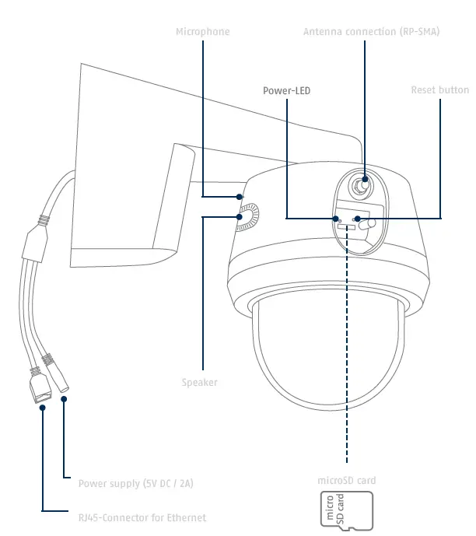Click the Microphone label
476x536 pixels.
click(202, 32)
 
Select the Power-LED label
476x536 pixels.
click(286, 91)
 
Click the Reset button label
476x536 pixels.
click(439, 91)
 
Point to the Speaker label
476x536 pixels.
click(199, 382)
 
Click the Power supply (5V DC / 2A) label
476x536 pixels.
click(135, 483)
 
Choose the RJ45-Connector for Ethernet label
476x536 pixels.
click(142, 517)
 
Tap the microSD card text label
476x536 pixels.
click(347, 481)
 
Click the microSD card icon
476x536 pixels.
click(347, 510)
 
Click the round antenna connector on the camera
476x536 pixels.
click(360, 186)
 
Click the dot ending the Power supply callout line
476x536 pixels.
click(64, 400)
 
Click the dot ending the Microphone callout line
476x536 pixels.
click(239, 196)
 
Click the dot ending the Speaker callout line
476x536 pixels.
click(240, 217)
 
